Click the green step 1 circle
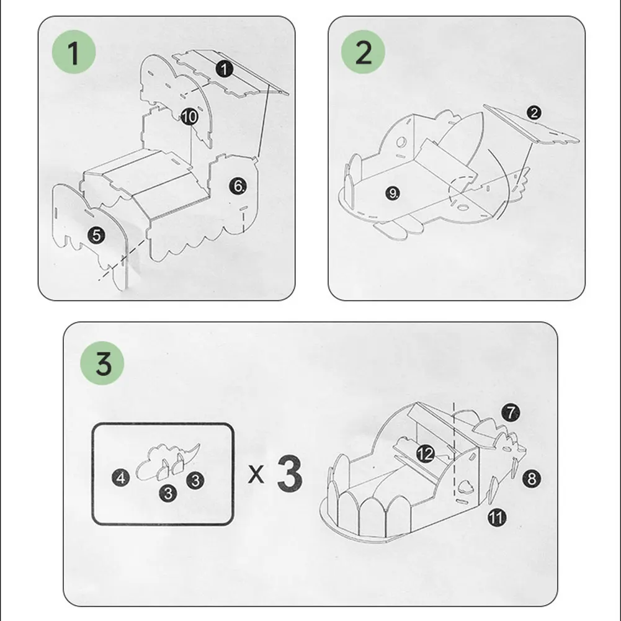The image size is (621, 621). point(74,52)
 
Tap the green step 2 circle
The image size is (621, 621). point(363,52)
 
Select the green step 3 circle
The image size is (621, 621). point(102,363)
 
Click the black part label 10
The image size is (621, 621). point(189,117)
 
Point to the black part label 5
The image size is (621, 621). point(96,236)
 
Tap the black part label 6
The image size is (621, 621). point(238,185)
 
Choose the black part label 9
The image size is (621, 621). point(393,194)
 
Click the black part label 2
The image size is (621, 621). point(534,113)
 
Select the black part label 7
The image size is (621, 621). point(511,413)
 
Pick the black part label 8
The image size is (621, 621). point(532,478)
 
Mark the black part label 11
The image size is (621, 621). point(497,517)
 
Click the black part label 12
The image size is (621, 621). point(426,454)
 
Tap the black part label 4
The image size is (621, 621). point(121,478)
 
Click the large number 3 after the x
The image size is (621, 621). point(290,473)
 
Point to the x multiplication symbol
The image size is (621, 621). point(256,474)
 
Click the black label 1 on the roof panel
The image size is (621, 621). point(224,69)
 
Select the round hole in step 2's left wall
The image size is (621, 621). point(401,142)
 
